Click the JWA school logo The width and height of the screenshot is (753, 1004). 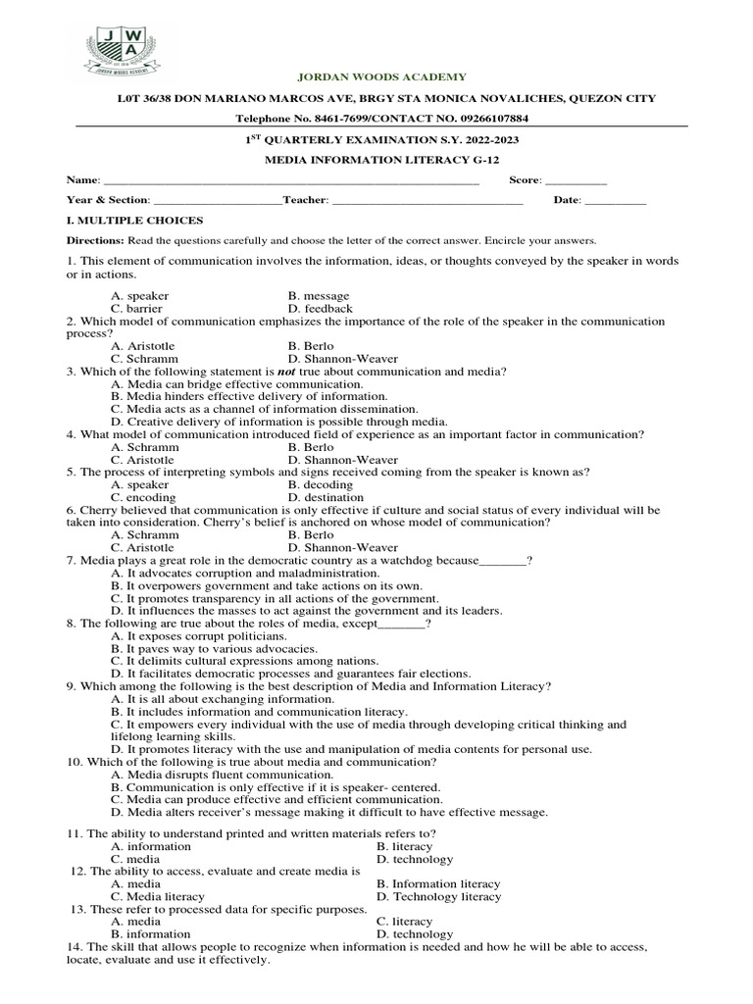118,55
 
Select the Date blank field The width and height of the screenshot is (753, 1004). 615,200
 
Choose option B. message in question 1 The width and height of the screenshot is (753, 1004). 319,295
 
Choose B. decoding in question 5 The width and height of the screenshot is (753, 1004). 320,484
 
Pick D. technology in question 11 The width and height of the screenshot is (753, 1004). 415,859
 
